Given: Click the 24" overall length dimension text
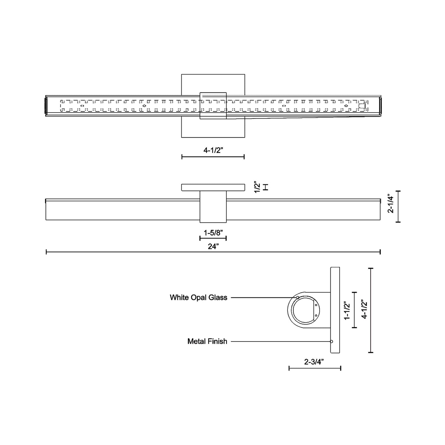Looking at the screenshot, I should (x=213, y=246).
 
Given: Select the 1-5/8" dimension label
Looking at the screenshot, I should (x=213, y=233).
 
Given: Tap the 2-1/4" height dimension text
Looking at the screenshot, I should (x=391, y=204).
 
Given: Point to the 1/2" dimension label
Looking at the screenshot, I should (x=257, y=188).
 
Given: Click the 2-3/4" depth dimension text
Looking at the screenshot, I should (x=314, y=362).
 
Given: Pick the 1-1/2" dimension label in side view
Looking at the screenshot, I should (x=347, y=311).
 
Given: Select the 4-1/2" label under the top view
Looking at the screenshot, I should (x=213, y=150).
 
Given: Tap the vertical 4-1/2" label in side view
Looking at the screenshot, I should (x=364, y=309).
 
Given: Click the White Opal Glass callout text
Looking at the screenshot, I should (x=198, y=297).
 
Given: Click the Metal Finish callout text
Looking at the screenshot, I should (x=207, y=341).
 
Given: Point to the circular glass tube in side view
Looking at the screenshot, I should (x=305, y=310).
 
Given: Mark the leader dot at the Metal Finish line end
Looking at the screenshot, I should (x=331, y=341).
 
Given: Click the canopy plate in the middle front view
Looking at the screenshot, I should (x=213, y=187).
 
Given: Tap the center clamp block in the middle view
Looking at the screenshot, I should (x=213, y=206).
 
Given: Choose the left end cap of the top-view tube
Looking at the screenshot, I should (x=46, y=106).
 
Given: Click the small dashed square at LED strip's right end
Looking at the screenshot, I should (x=362, y=106).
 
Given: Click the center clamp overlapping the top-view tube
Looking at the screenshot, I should (x=213, y=106).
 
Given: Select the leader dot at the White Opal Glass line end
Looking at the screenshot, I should (x=298, y=297).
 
